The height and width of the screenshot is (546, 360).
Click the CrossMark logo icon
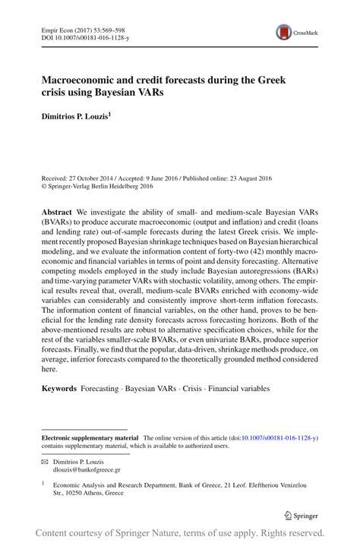click(285, 31)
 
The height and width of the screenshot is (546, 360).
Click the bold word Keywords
click(59, 389)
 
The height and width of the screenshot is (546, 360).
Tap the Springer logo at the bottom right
click(301, 516)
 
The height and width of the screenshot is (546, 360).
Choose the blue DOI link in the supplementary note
click(278, 438)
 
